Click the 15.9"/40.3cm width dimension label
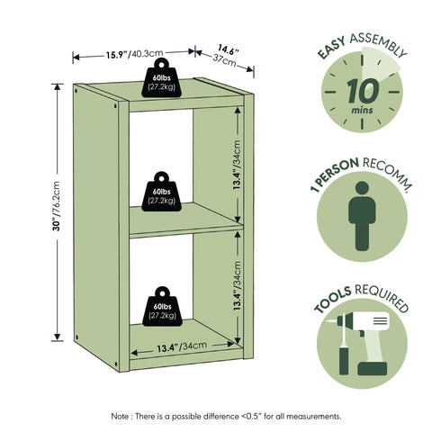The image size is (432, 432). [x=135, y=54]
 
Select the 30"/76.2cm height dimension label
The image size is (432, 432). [x=57, y=206]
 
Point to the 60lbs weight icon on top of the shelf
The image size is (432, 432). [x=162, y=77]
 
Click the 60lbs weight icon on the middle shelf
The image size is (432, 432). [x=162, y=192]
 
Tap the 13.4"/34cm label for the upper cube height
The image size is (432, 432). [x=237, y=165]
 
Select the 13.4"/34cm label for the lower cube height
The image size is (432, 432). [x=237, y=285]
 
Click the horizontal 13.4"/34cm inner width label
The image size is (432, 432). [x=182, y=346]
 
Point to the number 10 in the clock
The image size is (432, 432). [x=363, y=91]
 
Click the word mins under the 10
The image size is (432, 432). [x=363, y=110]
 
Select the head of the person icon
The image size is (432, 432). [x=362, y=188]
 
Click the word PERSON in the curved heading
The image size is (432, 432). [x=338, y=172]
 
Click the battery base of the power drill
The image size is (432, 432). [x=373, y=368]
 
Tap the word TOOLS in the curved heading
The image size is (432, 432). [x=332, y=299]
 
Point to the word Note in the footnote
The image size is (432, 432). [x=120, y=417]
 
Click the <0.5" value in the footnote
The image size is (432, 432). [x=252, y=417]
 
